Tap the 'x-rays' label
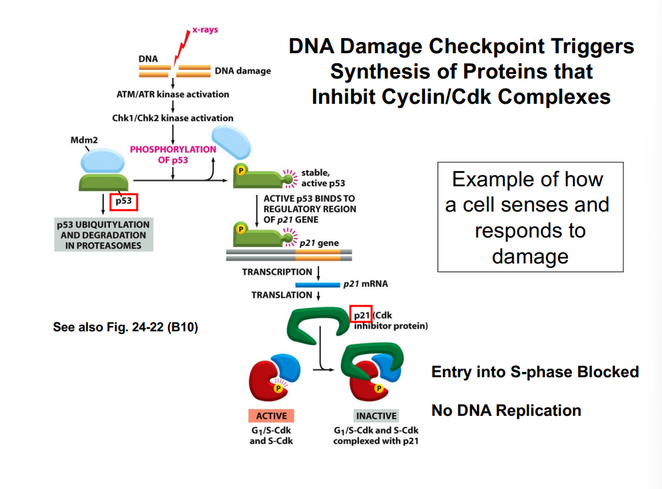[x=205, y=30]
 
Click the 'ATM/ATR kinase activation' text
[x=172, y=94]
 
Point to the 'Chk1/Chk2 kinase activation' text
[x=172, y=118]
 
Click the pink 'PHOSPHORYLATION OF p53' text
[x=172, y=154]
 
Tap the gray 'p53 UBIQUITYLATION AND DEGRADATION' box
[x=103, y=234]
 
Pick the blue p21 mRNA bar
[x=318, y=284]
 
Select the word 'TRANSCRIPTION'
[x=276, y=271]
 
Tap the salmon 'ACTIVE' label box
[x=271, y=416]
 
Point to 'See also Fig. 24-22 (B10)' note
[x=125, y=327]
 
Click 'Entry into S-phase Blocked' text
[x=535, y=372]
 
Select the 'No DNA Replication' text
[x=506, y=410]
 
